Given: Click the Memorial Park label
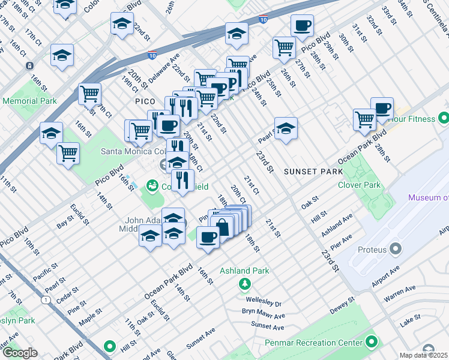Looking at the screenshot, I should (30, 101).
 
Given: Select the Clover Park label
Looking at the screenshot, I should (359, 185).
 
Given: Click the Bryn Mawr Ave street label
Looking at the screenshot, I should (263, 315).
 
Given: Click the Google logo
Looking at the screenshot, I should (19, 353).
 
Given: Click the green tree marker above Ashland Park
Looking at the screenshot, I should (244, 283).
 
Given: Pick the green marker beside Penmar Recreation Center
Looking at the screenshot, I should (372, 343).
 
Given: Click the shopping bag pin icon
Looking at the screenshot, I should (222, 226).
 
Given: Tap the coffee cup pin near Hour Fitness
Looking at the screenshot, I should (382, 109).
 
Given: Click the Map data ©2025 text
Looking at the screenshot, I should (424, 356).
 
